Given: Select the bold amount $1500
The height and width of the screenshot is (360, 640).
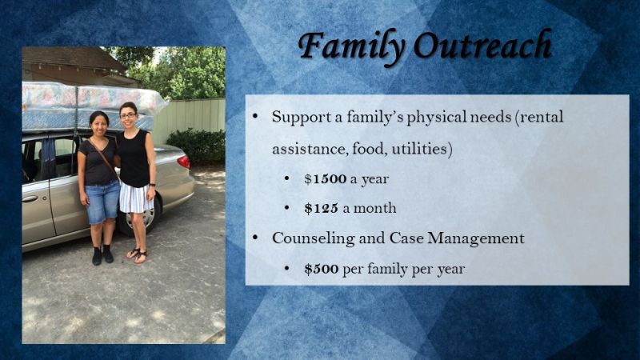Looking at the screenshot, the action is [x=326, y=178].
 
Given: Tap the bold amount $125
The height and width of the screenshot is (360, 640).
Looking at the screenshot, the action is [x=322, y=208].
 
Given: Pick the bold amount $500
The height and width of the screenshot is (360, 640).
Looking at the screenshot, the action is [x=322, y=269].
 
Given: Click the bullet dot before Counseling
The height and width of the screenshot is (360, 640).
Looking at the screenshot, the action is [x=255, y=238].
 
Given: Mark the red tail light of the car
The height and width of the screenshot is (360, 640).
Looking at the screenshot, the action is [x=183, y=162].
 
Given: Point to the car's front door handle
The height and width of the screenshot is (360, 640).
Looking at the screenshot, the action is [x=30, y=198].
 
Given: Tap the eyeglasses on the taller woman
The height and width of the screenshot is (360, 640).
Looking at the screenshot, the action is [x=128, y=116].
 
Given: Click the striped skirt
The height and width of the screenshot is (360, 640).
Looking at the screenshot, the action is [x=136, y=198].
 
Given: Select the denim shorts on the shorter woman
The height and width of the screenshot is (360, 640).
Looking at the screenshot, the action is [x=102, y=203].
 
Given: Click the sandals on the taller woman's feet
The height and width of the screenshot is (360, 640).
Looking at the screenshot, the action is [x=137, y=255].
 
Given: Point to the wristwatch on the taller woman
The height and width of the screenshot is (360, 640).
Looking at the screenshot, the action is [x=152, y=185].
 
